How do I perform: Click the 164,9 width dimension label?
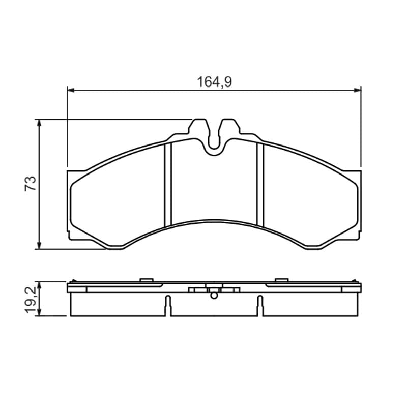(214, 82)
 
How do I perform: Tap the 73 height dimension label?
(31, 184)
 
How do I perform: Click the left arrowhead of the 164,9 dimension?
(71, 90)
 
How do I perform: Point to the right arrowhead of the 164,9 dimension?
(358, 90)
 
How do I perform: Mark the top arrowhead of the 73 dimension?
(39, 123)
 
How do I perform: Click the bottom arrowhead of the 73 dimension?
(39, 246)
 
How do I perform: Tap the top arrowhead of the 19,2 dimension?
(39, 285)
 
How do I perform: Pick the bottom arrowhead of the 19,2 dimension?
(39, 312)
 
